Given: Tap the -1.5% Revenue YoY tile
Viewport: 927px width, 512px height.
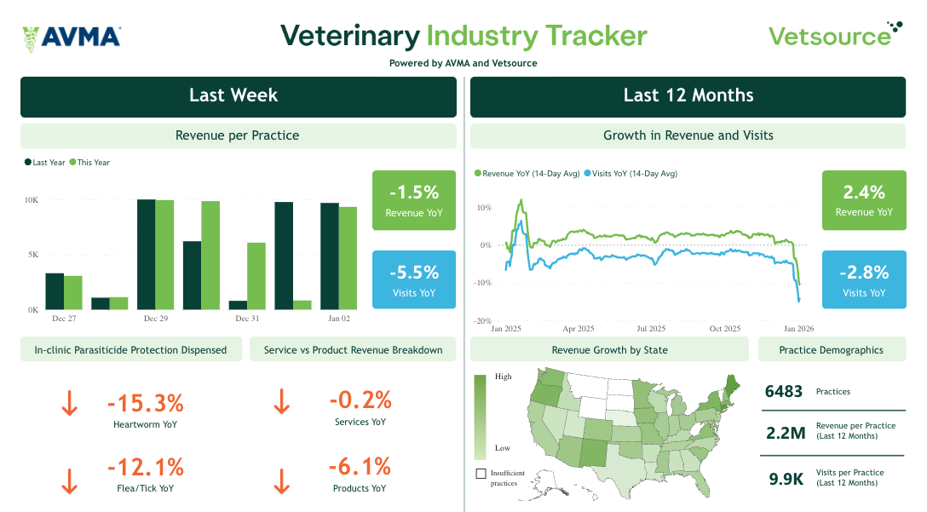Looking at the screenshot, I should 413,199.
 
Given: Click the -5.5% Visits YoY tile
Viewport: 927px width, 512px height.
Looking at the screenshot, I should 413,279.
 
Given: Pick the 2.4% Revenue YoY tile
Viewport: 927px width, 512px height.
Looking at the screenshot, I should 863,199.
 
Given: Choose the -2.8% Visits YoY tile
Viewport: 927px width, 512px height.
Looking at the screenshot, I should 863,279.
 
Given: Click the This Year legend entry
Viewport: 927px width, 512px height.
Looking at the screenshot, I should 89,163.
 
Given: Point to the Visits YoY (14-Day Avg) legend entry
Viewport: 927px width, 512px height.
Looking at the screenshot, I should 630,174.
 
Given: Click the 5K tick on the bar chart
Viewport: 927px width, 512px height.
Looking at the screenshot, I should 32,255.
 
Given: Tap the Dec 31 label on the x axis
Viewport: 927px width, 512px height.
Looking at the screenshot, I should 247,319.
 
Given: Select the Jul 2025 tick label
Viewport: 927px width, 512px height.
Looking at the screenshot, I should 652,329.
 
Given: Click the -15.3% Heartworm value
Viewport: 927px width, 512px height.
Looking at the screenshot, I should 145,403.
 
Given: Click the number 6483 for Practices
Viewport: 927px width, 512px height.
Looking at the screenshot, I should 784,391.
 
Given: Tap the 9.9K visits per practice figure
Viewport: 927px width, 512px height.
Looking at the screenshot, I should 786,479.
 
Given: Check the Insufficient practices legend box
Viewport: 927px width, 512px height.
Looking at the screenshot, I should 481,474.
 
